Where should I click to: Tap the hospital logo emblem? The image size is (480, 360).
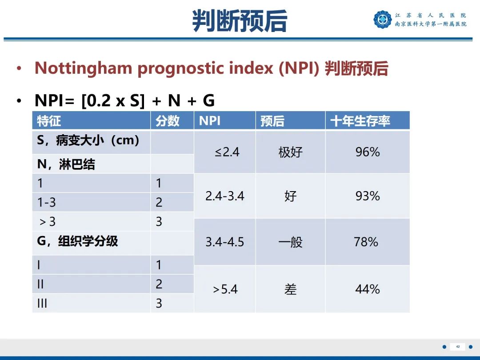pyautogui.click(x=382, y=20)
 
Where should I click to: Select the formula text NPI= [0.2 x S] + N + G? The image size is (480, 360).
pyautogui.click(x=124, y=101)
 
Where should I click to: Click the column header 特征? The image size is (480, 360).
pyautogui.click(x=49, y=121)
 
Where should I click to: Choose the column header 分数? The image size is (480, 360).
pyautogui.click(x=168, y=121)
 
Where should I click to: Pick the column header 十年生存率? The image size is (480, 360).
pyautogui.click(x=360, y=121)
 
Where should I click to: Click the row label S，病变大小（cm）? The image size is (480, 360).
pyautogui.click(x=88, y=141)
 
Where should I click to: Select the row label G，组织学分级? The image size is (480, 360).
pyautogui.click(x=78, y=241)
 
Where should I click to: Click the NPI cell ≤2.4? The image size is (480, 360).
pyautogui.click(x=227, y=152)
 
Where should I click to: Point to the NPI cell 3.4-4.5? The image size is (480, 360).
pyautogui.click(x=224, y=242)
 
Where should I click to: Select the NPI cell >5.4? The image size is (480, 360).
pyautogui.click(x=225, y=290)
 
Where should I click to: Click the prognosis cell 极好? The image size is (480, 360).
pyautogui.click(x=290, y=152)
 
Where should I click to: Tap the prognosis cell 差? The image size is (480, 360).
pyautogui.click(x=290, y=290)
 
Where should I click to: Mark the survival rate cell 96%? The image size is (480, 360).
pyautogui.click(x=368, y=152)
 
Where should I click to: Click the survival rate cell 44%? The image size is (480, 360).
pyautogui.click(x=368, y=290)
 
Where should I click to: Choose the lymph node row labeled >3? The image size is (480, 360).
pyautogui.click(x=47, y=221)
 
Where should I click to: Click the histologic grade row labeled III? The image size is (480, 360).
pyautogui.click(x=42, y=304)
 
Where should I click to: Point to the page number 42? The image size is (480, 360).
pyautogui.click(x=458, y=347)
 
